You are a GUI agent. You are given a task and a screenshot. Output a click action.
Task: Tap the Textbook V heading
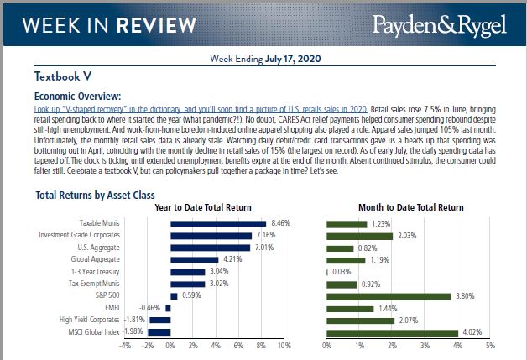point(64,76)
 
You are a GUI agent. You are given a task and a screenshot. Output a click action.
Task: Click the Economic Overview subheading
point(83,96)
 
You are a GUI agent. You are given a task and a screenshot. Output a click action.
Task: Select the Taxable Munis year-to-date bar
point(218,223)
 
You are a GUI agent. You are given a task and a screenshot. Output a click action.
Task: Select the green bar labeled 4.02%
point(392,332)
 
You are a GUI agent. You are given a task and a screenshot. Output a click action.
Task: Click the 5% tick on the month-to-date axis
point(490,345)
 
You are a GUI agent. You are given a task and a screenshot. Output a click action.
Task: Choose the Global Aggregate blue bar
point(194,259)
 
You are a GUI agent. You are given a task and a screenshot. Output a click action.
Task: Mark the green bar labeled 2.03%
point(359,235)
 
